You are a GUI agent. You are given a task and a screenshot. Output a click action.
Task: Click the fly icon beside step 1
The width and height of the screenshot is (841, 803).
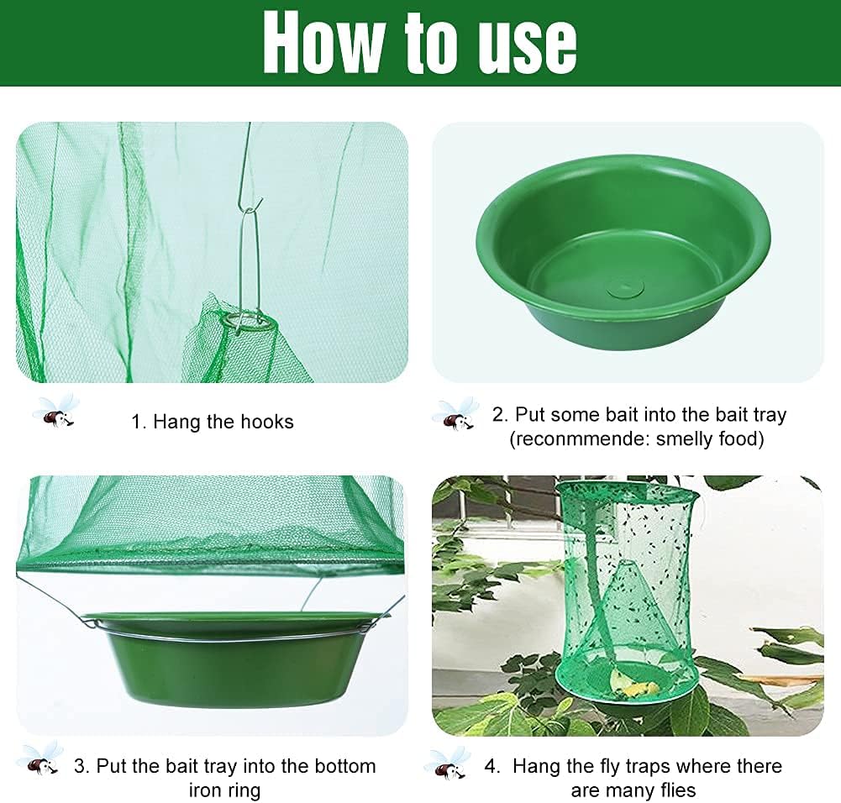55,412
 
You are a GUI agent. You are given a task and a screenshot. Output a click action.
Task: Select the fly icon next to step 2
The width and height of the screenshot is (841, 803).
456,414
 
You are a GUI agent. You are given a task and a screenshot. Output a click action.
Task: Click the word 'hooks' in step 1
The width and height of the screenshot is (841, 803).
267,422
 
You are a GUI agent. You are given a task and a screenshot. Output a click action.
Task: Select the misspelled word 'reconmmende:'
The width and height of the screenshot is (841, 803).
579,439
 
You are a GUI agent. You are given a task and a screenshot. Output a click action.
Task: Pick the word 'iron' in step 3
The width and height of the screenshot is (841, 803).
205,790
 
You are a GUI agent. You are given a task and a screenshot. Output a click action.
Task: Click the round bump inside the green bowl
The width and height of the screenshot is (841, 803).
627,289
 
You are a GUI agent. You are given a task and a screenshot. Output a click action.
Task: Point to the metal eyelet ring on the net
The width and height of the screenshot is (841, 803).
249,323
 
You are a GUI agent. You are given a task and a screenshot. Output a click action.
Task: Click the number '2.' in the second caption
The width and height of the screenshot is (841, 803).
501,415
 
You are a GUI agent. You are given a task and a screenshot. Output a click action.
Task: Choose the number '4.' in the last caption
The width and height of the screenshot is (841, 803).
493,767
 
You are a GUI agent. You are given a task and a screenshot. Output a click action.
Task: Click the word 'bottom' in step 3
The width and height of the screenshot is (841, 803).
345,767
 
